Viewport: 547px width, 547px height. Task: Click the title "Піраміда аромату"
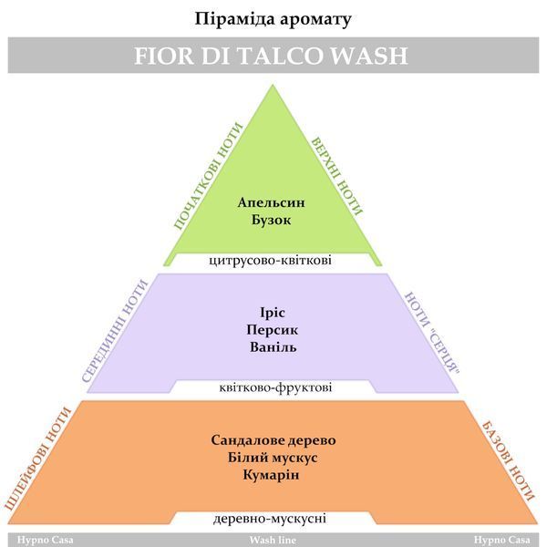(273, 19)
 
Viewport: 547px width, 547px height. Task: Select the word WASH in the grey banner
(369, 56)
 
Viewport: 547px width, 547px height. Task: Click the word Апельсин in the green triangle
(271, 202)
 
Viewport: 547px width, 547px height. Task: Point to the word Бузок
(271, 220)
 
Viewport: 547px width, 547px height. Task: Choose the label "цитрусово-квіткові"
(271, 261)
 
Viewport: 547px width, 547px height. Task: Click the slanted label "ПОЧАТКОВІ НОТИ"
(208, 176)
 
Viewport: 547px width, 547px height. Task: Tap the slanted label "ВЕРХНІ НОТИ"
(336, 176)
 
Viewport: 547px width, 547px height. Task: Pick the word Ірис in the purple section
(273, 313)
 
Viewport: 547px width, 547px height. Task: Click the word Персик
(272, 330)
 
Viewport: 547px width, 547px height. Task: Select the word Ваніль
(273, 347)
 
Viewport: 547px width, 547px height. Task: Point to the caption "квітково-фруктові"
(275, 387)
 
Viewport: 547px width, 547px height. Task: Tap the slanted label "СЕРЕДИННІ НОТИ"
(115, 331)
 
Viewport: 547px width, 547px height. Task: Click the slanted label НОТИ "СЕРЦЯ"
(432, 333)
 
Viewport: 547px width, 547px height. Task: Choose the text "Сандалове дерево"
(273, 440)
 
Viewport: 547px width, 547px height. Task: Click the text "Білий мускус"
(273, 458)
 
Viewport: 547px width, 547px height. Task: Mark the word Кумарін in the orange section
(271, 475)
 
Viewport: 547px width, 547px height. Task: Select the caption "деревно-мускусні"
(270, 519)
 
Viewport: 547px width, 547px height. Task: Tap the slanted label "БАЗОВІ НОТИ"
(508, 461)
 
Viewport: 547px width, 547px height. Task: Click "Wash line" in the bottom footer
(273, 541)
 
